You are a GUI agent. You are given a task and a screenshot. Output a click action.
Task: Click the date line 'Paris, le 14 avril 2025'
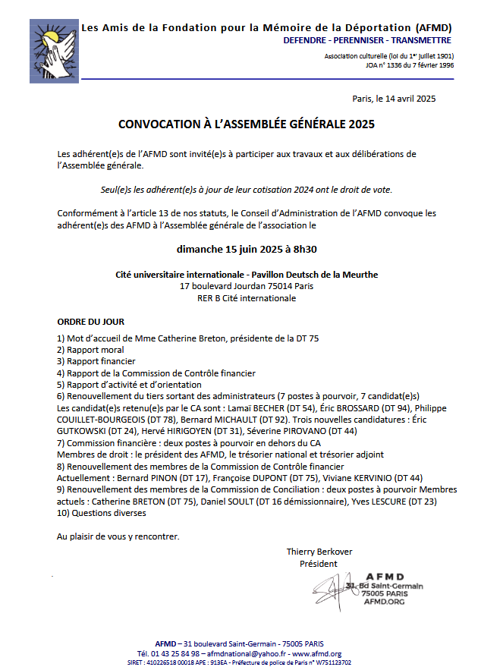[x=394, y=99]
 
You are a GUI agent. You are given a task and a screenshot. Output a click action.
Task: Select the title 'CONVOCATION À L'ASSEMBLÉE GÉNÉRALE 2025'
[x=247, y=123]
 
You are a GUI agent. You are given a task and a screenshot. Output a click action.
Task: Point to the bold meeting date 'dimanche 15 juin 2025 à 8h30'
[x=247, y=249]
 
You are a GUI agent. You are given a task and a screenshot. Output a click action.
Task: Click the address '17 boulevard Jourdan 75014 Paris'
[x=247, y=286]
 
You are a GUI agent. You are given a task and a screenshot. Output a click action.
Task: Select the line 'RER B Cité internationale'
[x=247, y=298]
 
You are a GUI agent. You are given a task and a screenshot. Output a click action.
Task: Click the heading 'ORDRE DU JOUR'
[x=91, y=322]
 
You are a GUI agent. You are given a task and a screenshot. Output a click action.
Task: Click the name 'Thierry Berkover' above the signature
[x=319, y=552]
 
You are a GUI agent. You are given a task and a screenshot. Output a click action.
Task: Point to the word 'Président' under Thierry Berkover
[x=319, y=564]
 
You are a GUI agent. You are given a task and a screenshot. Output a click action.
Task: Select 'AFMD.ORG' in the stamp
[x=385, y=602]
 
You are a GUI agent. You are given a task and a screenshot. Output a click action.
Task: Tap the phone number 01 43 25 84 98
[x=168, y=653]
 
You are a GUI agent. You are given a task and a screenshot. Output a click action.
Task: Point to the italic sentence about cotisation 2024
[x=247, y=189]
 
